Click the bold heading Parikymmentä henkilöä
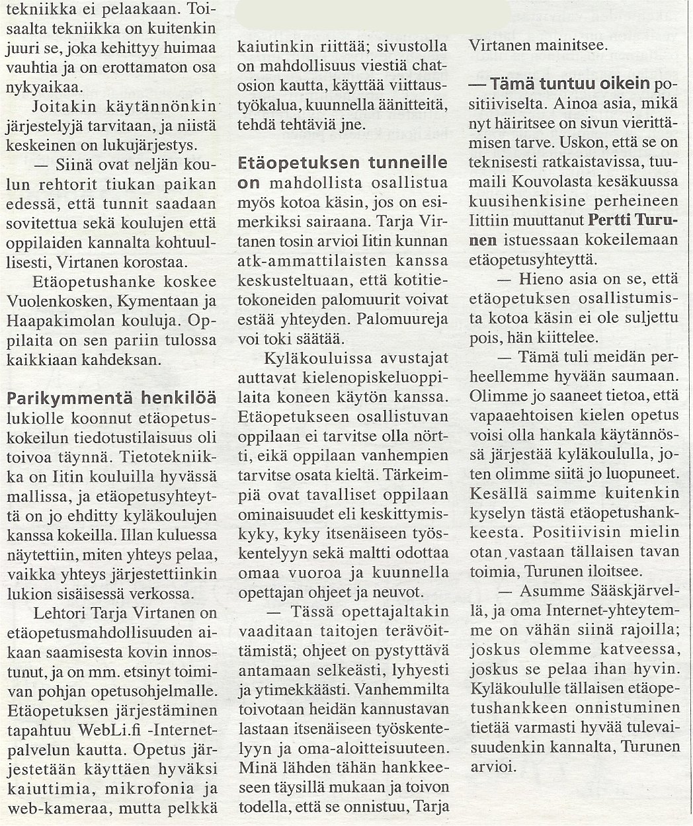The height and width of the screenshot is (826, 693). (x=111, y=399)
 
